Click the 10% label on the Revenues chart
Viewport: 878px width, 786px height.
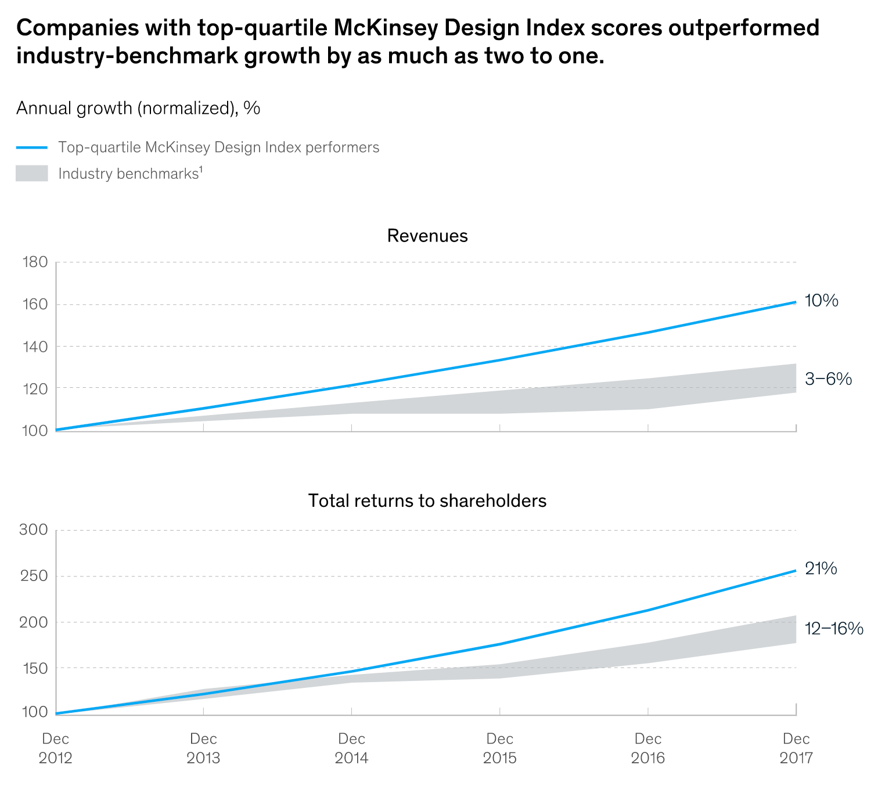pos(821,301)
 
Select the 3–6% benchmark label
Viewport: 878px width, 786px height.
pos(828,380)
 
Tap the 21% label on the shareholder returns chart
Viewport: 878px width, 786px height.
pos(821,569)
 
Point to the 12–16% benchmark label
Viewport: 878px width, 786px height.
pos(833,629)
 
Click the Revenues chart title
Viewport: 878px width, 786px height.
pos(427,236)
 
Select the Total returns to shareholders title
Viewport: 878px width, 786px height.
pos(427,500)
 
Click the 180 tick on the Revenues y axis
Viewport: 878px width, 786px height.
pos(35,262)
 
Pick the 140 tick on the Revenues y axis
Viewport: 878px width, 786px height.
pos(35,347)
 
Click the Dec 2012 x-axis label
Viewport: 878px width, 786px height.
pos(56,748)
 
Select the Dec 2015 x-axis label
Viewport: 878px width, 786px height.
pos(499,748)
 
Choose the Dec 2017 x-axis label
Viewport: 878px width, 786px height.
pos(796,748)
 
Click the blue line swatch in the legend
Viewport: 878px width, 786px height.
pos(32,147)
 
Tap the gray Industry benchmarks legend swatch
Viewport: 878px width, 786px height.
pos(32,174)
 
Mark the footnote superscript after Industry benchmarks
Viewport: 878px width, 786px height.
pos(200,169)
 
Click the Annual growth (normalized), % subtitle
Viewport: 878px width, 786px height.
pos(138,108)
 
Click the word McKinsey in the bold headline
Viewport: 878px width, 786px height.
pos(395,28)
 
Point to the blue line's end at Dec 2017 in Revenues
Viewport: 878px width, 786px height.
pos(795,302)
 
